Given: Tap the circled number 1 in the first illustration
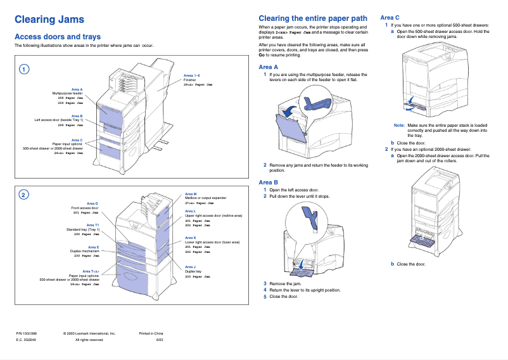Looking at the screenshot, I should (23, 69).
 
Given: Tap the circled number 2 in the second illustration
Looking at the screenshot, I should (23, 195).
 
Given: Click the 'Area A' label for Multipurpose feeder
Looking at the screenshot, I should (77, 89).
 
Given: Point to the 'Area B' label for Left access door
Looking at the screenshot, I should (77, 115).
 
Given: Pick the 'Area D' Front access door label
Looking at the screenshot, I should (92, 203).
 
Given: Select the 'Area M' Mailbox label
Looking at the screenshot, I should (191, 194).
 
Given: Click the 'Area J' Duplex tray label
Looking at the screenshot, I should (190, 267).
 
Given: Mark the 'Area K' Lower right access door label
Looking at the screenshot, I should (190, 237).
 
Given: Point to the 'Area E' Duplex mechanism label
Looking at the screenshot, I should (93, 247).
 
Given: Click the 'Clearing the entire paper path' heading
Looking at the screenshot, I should (313, 18).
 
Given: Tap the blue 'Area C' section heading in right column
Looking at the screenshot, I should (390, 17).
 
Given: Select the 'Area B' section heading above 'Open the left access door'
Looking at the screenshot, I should (269, 183).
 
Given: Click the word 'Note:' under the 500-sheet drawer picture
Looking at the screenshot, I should (399, 125).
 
